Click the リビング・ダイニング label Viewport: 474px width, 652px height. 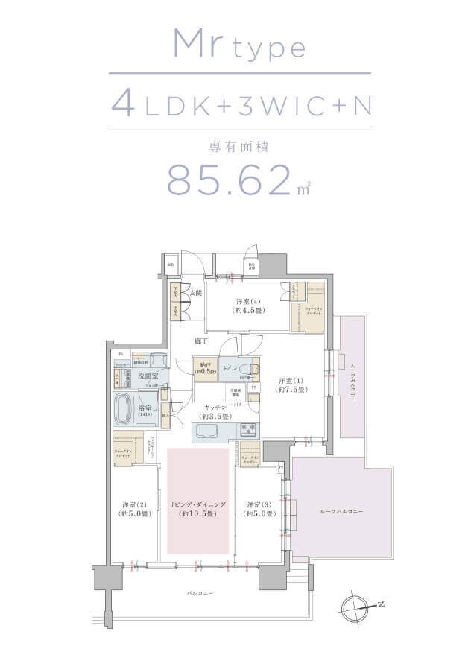[x=197, y=508]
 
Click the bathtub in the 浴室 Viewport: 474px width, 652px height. [x=124, y=408]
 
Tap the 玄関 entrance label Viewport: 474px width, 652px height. [x=195, y=293]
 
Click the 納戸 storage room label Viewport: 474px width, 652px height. [x=204, y=368]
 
